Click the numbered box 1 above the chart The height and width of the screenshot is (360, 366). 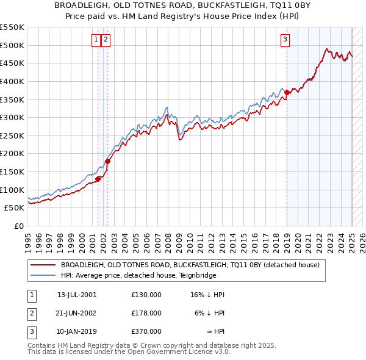coord(96,40)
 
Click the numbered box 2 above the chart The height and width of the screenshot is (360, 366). coord(106,40)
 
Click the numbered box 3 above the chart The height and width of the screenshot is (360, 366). coord(285,40)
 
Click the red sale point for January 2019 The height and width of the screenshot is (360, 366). coord(287,92)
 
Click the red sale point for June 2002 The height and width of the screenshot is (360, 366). coord(107,162)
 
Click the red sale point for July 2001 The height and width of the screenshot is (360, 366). coord(98,179)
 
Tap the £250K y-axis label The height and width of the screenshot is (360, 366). coord(12,135)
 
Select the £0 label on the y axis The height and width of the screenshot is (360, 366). coord(19,226)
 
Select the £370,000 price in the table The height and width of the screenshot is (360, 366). coord(146,331)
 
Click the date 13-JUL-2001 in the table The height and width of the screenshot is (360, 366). coord(77,295)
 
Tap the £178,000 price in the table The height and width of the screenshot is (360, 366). coord(146,313)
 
